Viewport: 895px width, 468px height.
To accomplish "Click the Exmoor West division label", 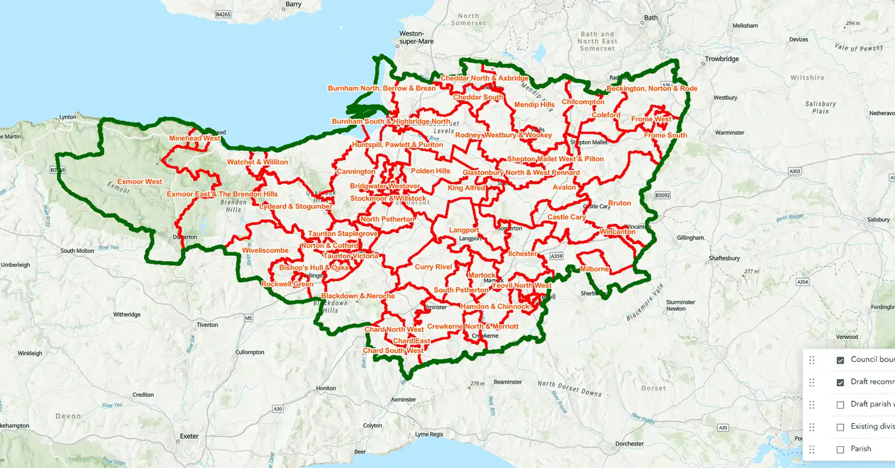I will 139,182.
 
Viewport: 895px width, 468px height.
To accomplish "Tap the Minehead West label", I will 195,138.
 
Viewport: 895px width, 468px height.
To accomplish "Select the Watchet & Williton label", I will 257,162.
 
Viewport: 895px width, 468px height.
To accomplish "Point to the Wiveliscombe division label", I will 265,251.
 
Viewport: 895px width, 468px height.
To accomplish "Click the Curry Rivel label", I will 433,267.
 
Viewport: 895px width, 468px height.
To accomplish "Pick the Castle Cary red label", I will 566,217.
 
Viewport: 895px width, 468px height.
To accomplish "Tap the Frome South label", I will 665,135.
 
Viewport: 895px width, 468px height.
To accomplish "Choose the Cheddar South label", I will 478,97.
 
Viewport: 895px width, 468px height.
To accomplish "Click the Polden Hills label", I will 430,171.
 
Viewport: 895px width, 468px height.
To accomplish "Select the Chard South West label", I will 393,351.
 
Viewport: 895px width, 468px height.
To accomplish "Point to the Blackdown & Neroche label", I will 358,296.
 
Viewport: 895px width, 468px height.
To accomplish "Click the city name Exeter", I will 189,437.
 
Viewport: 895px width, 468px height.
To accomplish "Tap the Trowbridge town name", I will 722,59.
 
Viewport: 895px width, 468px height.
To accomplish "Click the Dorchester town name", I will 629,444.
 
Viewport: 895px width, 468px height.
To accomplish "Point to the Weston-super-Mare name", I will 416,38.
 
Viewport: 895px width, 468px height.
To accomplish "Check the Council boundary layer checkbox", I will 840,360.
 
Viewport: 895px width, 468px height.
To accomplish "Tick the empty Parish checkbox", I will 840,450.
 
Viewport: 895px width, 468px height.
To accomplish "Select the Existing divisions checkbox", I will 840,427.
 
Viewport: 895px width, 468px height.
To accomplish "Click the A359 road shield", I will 556,256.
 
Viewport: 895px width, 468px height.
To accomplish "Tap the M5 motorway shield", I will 248,318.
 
